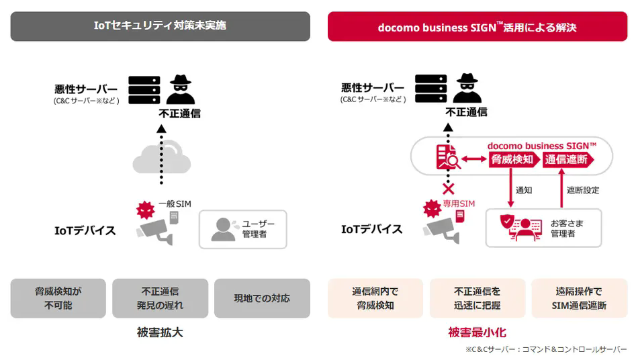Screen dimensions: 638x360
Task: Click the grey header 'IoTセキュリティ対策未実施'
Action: click(x=161, y=26)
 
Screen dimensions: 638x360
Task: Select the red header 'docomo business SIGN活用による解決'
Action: click(x=477, y=26)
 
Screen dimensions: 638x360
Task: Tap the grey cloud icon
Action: click(x=162, y=157)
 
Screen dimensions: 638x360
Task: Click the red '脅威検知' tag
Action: click(x=514, y=159)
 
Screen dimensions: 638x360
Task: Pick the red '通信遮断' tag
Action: click(x=568, y=159)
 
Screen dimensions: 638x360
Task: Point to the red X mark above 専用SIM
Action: click(x=449, y=189)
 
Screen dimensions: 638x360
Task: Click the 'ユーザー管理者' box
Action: click(x=243, y=229)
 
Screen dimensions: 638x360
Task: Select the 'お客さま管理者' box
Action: click(x=543, y=228)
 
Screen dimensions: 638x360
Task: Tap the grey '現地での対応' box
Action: click(x=262, y=298)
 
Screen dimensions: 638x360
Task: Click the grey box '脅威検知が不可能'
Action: click(x=58, y=298)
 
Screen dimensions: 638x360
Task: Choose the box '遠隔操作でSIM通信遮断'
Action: click(x=580, y=298)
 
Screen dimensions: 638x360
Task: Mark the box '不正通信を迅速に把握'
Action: click(x=477, y=298)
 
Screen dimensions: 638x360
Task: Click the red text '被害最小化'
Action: click(x=477, y=332)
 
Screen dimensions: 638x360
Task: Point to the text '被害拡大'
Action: click(x=160, y=332)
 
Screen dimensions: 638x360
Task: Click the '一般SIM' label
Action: click(x=175, y=204)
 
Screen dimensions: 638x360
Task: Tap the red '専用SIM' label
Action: click(x=459, y=204)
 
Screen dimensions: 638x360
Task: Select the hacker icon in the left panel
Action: click(x=181, y=89)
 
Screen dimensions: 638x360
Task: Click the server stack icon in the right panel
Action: click(x=431, y=88)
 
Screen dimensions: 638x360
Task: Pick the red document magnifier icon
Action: click(x=448, y=157)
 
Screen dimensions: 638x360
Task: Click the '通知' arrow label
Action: click(x=524, y=190)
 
